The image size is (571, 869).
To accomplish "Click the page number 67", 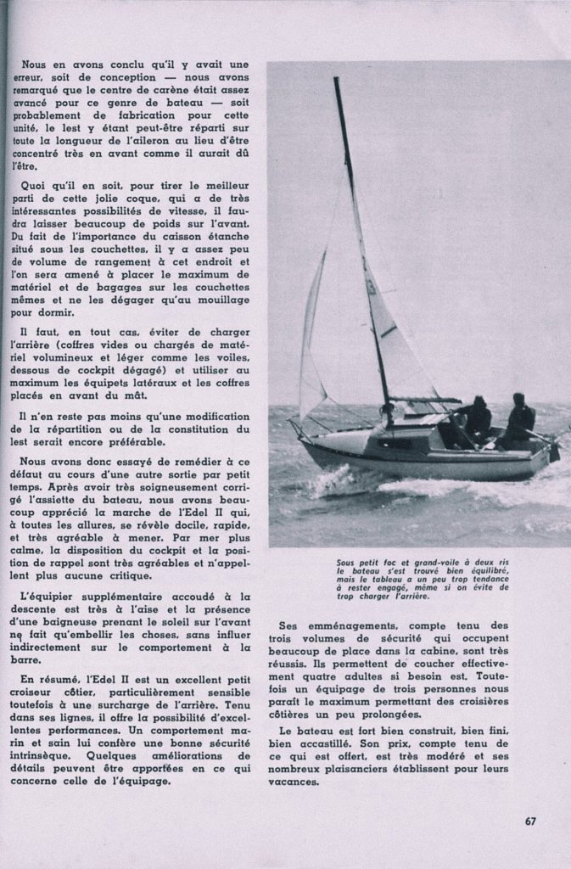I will pos(530,821).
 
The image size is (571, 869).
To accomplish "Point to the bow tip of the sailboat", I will pos(293,423).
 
